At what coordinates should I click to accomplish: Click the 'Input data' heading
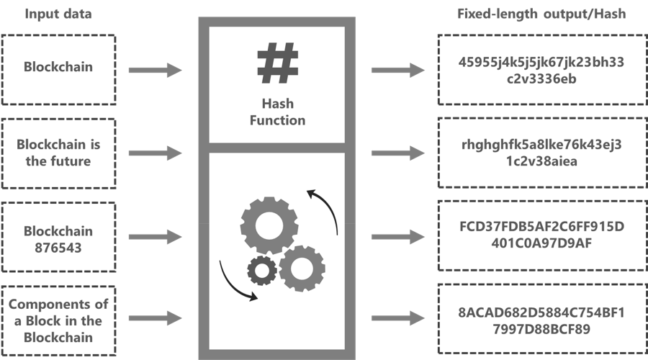click(x=59, y=14)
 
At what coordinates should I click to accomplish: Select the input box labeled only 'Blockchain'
click(x=58, y=68)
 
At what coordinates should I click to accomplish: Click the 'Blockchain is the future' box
click(x=58, y=153)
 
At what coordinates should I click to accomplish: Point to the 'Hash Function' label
click(x=277, y=112)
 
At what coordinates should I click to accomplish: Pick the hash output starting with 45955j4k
click(x=541, y=70)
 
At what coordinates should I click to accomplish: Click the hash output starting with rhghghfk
click(x=541, y=153)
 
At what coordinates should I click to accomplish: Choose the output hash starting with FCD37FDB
click(x=541, y=235)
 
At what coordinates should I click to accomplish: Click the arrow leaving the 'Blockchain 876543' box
click(x=156, y=235)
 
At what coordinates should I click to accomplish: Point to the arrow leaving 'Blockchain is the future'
click(x=156, y=153)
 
